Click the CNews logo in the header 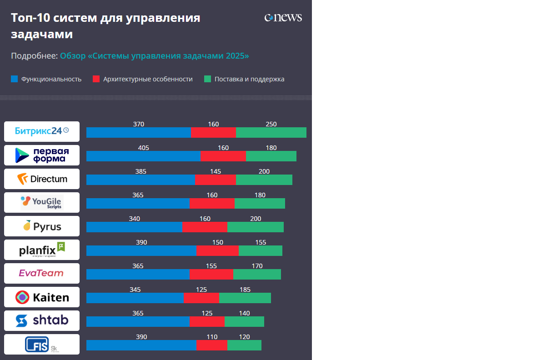(283, 18)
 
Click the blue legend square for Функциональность (14, 79)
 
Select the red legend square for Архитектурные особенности (96, 79)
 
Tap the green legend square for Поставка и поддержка (207, 79)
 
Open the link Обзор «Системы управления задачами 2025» (155, 56)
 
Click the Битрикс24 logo (42, 131)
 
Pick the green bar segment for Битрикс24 (271, 133)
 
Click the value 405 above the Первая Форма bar (144, 148)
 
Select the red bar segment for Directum (216, 180)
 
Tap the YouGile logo (42, 202)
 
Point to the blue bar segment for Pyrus (134, 227)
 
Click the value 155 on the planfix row (261, 242)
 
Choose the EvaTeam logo (42, 273)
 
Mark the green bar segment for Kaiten (245, 298)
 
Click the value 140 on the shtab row (244, 313)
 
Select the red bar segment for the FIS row (211, 345)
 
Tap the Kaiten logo (42, 297)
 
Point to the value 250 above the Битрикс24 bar (271, 124)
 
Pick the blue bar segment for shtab (138, 321)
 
